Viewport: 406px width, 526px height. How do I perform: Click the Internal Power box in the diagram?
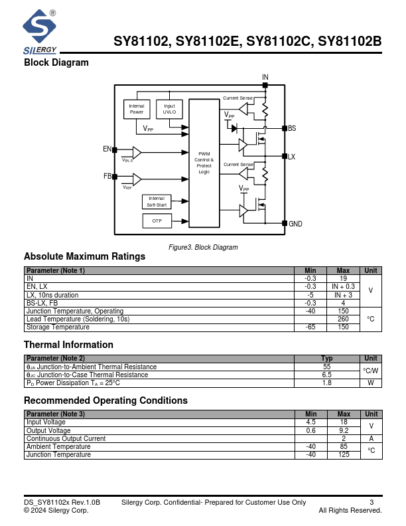tap(137, 109)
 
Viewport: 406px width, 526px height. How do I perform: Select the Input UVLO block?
tap(169, 109)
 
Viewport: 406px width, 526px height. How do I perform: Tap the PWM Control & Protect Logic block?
tap(204, 163)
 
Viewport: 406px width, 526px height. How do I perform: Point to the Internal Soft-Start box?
tap(157, 202)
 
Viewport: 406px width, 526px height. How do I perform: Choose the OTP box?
tap(157, 220)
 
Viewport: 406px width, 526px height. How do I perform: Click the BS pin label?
tap(292, 128)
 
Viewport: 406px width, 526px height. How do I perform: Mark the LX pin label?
tap(291, 157)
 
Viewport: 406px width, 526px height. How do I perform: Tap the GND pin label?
tap(295, 224)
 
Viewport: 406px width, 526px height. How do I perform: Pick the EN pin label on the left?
tap(107, 149)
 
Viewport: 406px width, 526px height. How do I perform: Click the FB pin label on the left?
tap(107, 177)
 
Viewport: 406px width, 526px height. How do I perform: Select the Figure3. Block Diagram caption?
tap(203, 247)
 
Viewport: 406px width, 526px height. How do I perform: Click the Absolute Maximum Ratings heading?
tap(84, 256)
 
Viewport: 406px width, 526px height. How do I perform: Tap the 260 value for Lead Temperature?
tap(343, 319)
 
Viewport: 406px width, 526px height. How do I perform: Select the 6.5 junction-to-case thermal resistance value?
tap(326, 375)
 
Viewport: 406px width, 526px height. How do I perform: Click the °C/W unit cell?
tap(371, 371)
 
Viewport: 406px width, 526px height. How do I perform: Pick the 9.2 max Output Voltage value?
tap(343, 430)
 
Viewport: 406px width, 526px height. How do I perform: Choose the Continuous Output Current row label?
tap(66, 438)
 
